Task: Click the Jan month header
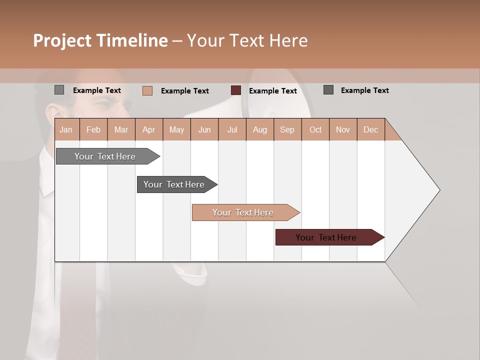click(x=66, y=129)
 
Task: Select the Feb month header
click(x=93, y=129)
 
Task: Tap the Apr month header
click(x=149, y=129)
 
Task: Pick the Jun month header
click(x=204, y=129)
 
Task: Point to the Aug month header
click(x=260, y=129)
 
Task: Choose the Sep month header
click(x=287, y=129)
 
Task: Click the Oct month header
click(x=315, y=129)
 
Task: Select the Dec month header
click(x=371, y=129)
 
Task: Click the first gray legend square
click(x=59, y=90)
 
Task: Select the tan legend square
click(x=147, y=90)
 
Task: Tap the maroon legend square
click(x=236, y=90)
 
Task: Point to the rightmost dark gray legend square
click(x=328, y=90)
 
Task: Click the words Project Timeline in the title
click(x=100, y=40)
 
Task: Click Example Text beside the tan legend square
click(x=185, y=91)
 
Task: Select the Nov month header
click(x=343, y=129)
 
